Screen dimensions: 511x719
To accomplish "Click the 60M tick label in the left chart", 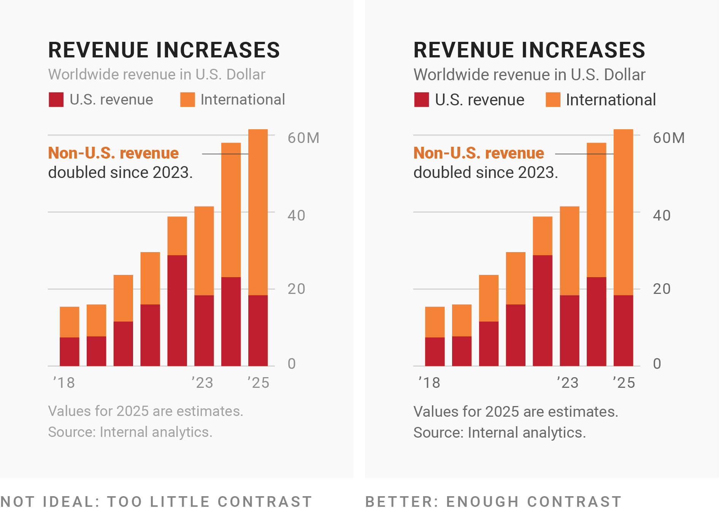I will click(x=303, y=138).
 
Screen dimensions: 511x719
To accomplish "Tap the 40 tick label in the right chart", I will click(x=661, y=216).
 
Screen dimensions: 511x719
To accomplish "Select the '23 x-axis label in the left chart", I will click(x=202, y=382).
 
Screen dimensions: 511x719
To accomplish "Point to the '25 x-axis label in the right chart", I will click(x=624, y=382).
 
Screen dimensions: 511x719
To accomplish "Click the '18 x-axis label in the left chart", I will click(x=64, y=382).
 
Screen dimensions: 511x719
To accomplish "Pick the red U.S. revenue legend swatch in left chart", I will click(x=56, y=100).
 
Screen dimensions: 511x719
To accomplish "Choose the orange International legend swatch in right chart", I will click(x=553, y=100).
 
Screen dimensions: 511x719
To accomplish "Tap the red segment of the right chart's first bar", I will click(x=435, y=352).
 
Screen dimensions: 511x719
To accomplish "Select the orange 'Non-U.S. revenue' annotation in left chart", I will click(x=113, y=153).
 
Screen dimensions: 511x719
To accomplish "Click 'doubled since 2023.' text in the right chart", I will click(x=486, y=173).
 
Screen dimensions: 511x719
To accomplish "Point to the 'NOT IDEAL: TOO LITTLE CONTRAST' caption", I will click(x=156, y=501).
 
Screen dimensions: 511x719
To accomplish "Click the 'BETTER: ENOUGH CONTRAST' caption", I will click(x=493, y=501).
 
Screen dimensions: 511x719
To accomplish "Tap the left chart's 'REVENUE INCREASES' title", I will click(x=164, y=50).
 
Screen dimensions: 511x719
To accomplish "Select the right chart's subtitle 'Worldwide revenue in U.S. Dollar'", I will click(x=529, y=75).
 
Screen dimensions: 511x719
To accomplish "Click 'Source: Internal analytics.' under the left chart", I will click(x=130, y=432).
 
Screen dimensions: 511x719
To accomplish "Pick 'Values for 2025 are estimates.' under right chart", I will click(x=516, y=412).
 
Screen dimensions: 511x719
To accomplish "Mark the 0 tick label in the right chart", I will click(x=657, y=364).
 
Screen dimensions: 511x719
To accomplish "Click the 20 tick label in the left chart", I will click(x=296, y=289).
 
